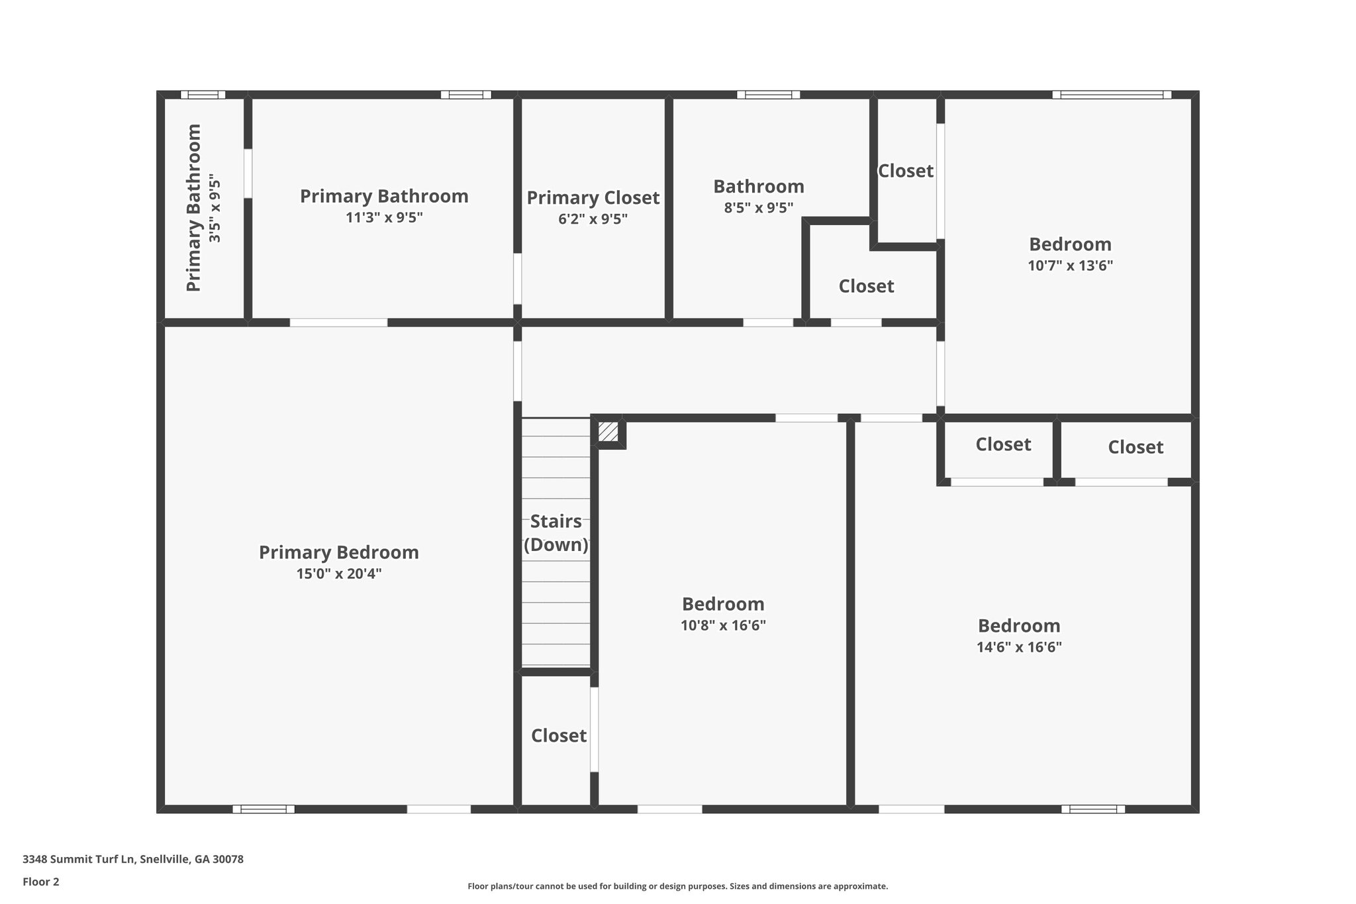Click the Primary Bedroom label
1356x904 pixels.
pos(338,552)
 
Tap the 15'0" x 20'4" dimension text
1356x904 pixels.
pos(338,574)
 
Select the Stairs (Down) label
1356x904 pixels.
pos(556,532)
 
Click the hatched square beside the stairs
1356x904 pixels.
pos(608,432)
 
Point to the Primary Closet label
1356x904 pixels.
pos(593,198)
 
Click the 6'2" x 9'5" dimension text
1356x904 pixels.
pos(593,219)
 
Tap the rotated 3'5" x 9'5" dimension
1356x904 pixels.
pos(215,208)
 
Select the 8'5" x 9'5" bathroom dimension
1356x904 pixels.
pos(758,207)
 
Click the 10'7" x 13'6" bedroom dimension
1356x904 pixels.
pos(1070,266)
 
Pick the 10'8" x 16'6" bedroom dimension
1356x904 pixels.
pos(723,625)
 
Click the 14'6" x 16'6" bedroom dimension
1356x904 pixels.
pos(1019,647)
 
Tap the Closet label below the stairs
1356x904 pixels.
pos(558,736)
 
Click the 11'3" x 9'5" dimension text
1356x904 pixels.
pos(384,217)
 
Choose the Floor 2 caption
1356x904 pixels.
pos(41,881)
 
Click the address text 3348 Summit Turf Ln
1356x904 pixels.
pos(133,860)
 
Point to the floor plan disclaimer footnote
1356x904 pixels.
pos(677,886)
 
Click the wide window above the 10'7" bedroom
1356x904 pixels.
pos(1112,95)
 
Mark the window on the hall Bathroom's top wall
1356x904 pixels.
pos(768,95)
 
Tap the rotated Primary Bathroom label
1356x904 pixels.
pos(193,208)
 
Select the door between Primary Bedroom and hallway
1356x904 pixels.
pos(518,371)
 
